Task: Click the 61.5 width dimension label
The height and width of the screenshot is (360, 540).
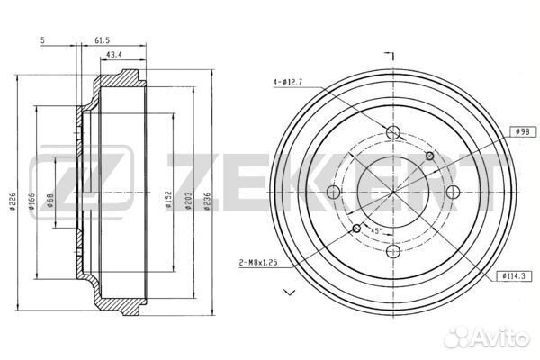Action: [102, 40]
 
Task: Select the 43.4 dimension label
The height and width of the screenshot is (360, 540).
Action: [114, 54]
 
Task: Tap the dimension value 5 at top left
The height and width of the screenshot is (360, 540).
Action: [42, 40]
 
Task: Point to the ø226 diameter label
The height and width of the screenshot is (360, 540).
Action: [13, 202]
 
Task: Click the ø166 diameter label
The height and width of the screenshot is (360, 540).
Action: [31, 202]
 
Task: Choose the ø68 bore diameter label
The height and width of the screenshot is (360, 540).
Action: [50, 200]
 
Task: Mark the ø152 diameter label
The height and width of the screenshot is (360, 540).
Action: [168, 200]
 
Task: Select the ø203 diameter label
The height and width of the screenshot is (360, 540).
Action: [188, 201]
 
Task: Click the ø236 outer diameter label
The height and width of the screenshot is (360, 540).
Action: [207, 202]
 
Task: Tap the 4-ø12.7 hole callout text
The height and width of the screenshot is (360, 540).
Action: [288, 82]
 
